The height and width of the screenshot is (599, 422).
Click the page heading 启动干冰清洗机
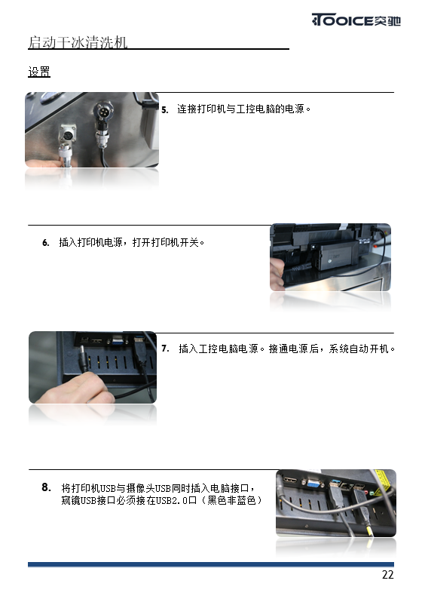coord(78,42)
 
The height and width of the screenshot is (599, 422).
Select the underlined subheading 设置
coord(39,72)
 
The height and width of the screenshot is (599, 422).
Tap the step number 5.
coord(164,110)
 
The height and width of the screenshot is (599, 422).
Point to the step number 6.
coord(46,243)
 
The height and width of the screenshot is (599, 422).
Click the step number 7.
coord(165,349)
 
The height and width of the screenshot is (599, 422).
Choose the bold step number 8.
coord(46,487)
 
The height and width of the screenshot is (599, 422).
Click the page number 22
coord(387,575)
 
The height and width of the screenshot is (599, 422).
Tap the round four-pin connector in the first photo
coord(103,112)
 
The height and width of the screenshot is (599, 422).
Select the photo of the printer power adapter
coord(330,257)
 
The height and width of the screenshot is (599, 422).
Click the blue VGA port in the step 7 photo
coord(118,341)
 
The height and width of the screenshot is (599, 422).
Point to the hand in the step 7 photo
coord(75,387)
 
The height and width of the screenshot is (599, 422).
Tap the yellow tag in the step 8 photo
coord(382,482)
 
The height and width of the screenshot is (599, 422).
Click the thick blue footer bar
coord(211,564)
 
